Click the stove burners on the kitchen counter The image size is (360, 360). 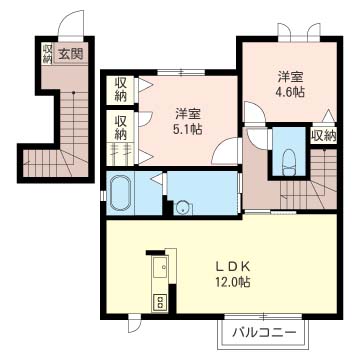click(x=157, y=301)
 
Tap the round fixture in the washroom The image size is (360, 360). click(x=182, y=208)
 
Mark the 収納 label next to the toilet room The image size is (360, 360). click(x=323, y=135)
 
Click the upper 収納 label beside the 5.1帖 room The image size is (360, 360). click(x=120, y=89)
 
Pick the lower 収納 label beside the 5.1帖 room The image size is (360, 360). click(x=120, y=127)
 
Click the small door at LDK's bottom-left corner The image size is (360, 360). click(x=133, y=321)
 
